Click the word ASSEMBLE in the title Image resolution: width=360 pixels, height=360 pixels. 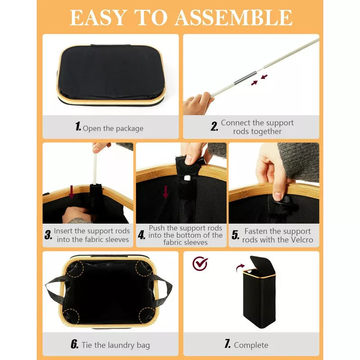[234, 18]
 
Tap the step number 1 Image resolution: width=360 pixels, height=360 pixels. [78, 126]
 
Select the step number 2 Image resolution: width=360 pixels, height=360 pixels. [215, 126]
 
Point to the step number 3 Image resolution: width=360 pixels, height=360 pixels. [48, 235]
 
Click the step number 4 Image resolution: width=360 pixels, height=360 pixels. [142, 235]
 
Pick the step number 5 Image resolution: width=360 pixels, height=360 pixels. [235, 235]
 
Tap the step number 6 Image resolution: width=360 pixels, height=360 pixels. [75, 344]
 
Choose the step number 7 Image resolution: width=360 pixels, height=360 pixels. [227, 344]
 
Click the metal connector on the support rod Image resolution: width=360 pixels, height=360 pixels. [245, 79]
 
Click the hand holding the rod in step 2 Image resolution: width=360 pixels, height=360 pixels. [198, 103]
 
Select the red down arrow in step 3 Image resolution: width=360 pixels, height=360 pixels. [72, 192]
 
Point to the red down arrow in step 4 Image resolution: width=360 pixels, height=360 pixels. [166, 192]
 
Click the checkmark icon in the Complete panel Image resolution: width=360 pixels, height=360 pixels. [200, 264]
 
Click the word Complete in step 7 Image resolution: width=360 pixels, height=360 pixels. [251, 345]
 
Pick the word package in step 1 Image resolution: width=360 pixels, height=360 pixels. [130, 129]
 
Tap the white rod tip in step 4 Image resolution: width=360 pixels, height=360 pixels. [188, 178]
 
